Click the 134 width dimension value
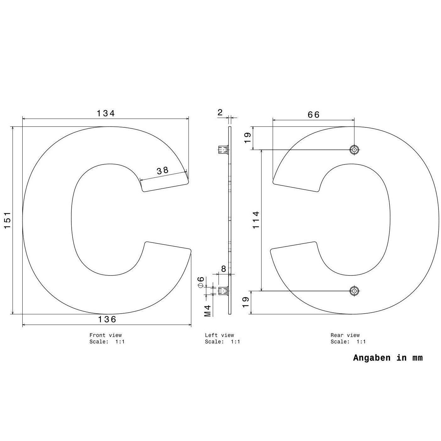click(106, 113)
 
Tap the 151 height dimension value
click(8, 220)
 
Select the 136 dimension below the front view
click(107, 319)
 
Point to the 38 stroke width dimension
click(163, 171)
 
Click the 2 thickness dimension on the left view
click(220, 113)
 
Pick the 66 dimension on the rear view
click(313, 114)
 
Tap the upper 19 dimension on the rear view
click(248, 138)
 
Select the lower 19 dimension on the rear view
click(245, 302)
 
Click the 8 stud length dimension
click(223, 269)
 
